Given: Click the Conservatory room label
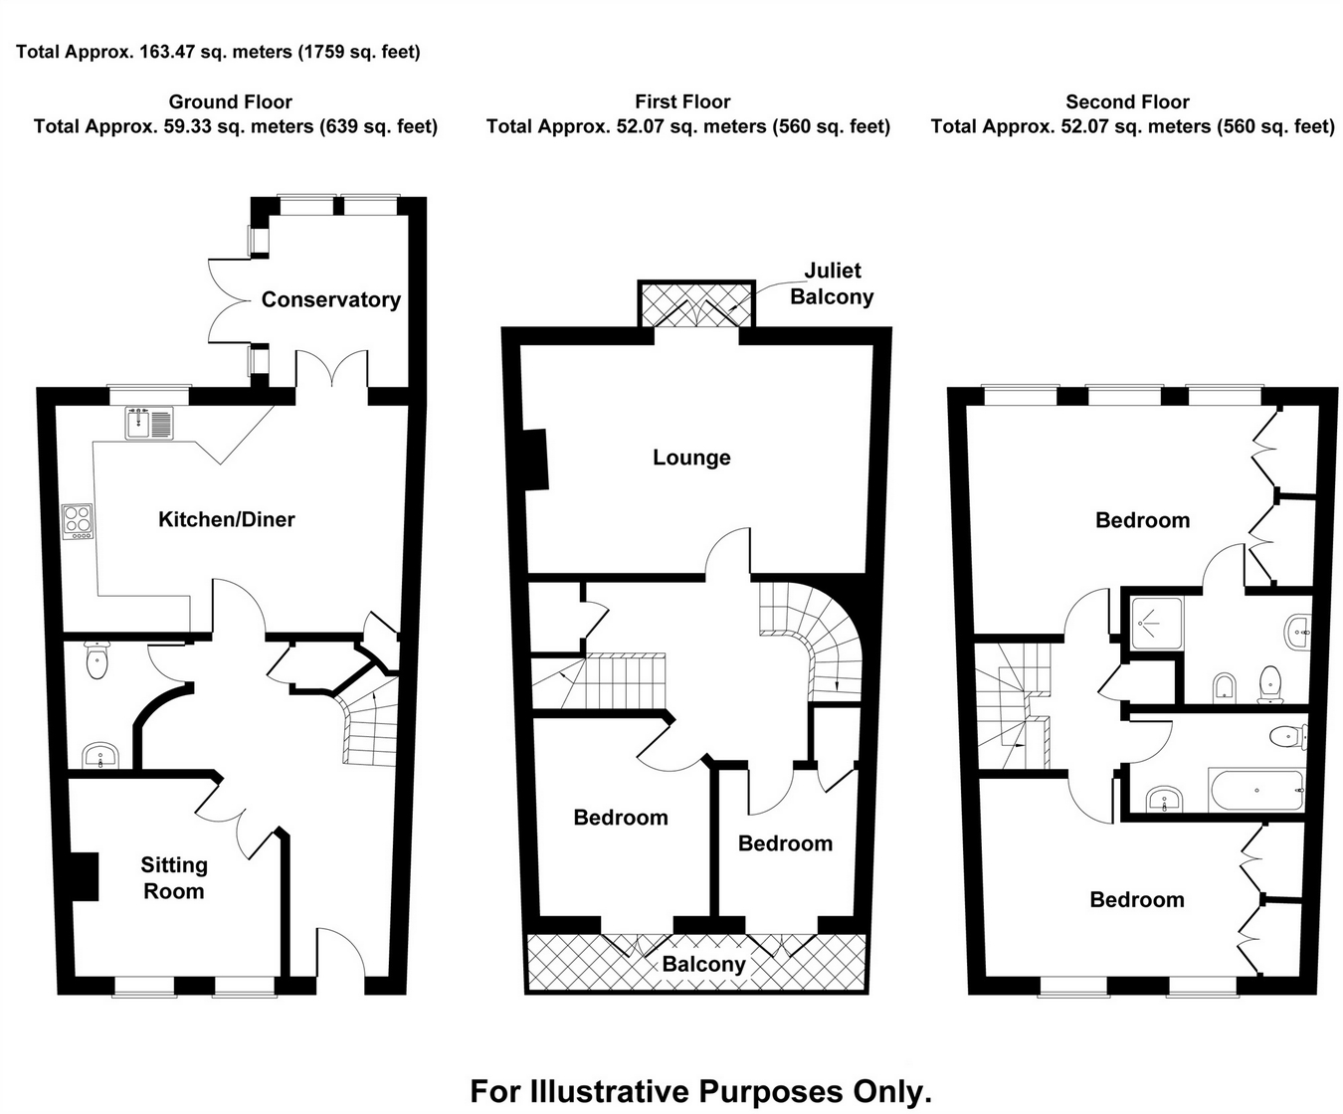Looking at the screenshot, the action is (x=330, y=299).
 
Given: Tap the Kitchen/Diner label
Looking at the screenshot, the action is (x=227, y=519).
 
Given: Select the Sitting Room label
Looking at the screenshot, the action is (x=174, y=878).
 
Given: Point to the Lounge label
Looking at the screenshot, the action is (x=691, y=458).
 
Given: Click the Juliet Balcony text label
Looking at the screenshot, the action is (x=832, y=283).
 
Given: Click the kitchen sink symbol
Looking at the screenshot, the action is (x=149, y=423).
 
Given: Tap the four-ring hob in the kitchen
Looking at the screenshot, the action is (x=78, y=521).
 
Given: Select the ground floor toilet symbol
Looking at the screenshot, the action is (x=96, y=661).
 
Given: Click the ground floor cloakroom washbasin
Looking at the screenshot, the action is (x=98, y=756).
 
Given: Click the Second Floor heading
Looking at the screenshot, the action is (x=1127, y=101).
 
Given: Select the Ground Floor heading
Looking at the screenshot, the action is (x=230, y=101).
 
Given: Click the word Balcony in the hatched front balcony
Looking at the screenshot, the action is (x=703, y=964).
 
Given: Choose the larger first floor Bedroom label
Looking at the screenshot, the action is (x=621, y=818).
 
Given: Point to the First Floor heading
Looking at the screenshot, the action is (x=682, y=101).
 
